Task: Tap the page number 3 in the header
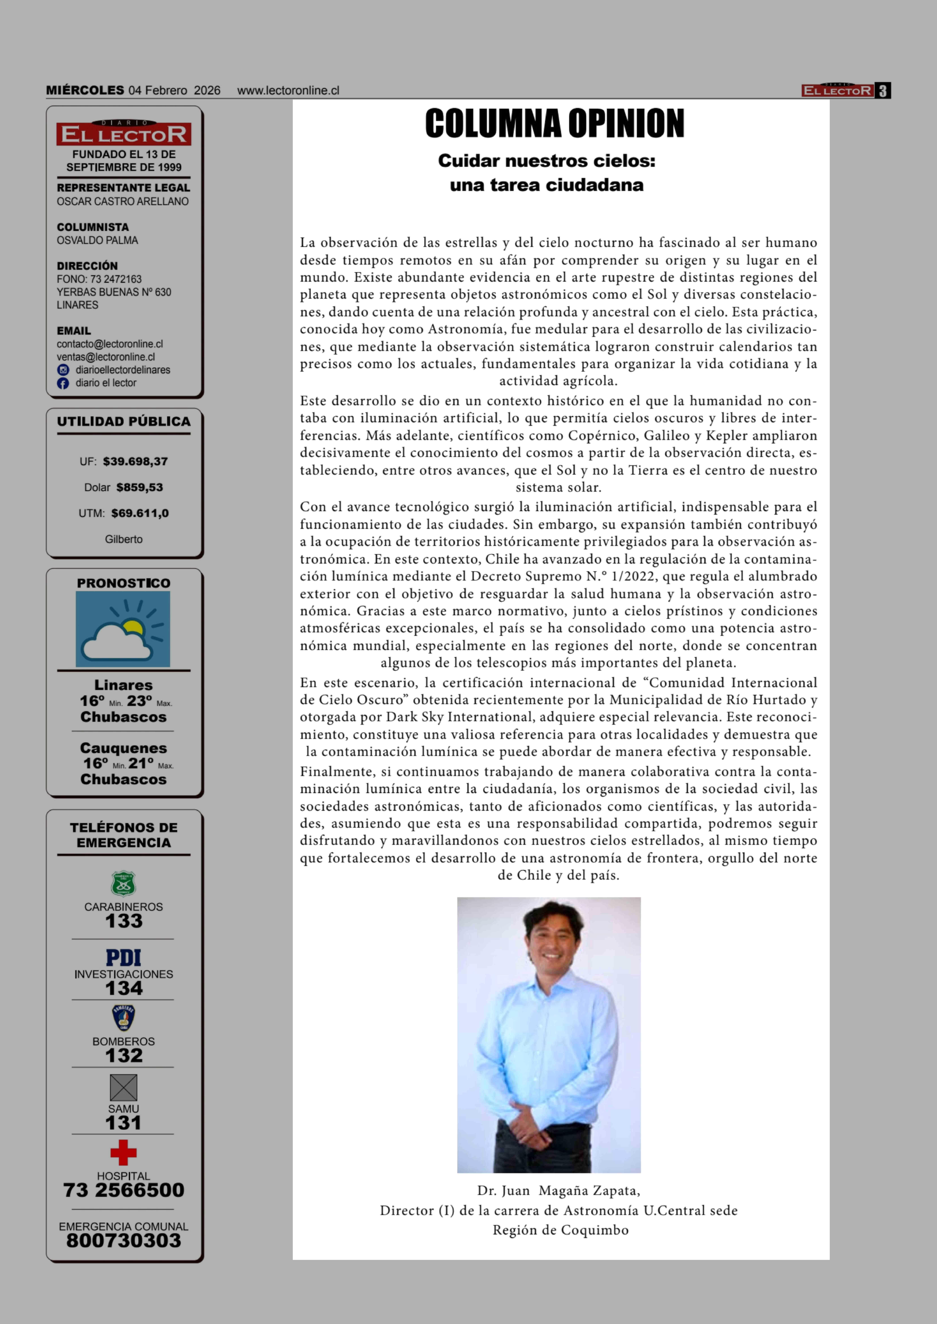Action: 882,91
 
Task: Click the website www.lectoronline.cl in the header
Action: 288,91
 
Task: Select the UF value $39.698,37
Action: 135,461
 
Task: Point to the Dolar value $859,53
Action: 140,487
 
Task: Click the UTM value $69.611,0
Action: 140,513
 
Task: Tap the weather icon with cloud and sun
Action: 123,629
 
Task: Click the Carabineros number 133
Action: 124,921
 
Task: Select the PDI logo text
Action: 124,958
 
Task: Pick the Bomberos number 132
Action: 124,1055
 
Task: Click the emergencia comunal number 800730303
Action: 124,1240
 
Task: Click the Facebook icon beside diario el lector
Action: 63,383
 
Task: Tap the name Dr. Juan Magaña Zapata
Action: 558,1190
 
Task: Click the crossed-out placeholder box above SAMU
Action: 124,1088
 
